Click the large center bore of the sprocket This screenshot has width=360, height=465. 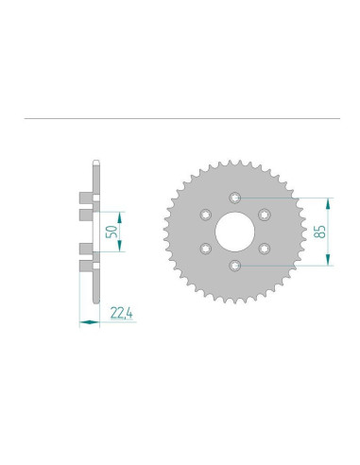click(x=235, y=232)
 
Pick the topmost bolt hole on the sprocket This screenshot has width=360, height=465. click(x=235, y=198)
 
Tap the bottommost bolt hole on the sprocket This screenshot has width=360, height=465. click(x=235, y=266)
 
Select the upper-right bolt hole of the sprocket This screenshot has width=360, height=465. click(x=265, y=215)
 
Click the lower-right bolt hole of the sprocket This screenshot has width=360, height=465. click(x=265, y=249)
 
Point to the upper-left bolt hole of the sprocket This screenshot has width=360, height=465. click(x=206, y=215)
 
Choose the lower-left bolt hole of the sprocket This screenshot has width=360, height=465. click(x=206, y=249)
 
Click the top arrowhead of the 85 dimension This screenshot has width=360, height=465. click(x=331, y=200)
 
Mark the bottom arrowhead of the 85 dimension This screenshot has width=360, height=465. click(x=331, y=263)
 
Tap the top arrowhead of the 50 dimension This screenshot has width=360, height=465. click(x=119, y=213)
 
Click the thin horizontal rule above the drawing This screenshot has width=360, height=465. click(x=180, y=119)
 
